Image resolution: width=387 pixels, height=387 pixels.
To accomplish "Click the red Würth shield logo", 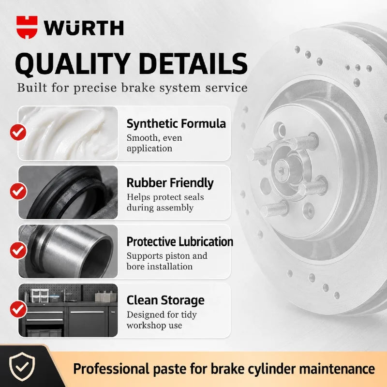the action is click(27, 27).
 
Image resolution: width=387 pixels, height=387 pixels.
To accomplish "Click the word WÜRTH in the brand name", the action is click(84, 28).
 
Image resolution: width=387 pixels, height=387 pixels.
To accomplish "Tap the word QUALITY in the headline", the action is click(73, 64).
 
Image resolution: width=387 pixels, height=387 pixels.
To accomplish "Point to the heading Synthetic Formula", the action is click(176, 124).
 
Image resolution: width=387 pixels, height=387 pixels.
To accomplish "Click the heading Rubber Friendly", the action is click(170, 183).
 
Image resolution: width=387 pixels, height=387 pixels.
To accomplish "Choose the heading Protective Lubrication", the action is click(180, 241).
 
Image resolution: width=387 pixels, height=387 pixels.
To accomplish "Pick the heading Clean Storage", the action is click(165, 300).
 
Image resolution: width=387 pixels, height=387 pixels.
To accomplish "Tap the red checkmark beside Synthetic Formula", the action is click(18, 132).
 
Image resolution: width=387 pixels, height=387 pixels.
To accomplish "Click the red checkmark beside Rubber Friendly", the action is click(18, 191).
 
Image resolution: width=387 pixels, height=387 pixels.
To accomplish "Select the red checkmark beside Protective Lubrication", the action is click(18, 250).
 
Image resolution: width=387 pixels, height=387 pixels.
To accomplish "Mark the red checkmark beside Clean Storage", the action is click(18, 309).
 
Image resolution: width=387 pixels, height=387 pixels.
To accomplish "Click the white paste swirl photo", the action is click(68, 134).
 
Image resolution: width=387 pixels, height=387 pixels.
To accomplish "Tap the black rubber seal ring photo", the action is click(68, 192).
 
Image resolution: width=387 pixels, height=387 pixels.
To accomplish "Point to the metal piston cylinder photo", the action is click(68, 251).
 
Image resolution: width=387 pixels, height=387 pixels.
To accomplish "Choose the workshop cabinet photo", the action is click(68, 310).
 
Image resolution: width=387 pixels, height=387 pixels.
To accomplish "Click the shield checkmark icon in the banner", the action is click(22, 366).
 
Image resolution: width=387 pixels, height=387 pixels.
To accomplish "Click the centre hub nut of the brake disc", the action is click(282, 170).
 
